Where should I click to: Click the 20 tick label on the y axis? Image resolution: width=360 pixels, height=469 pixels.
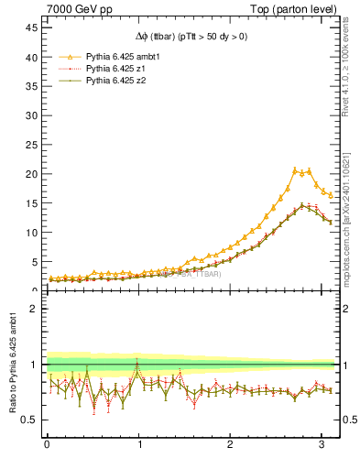pyautogui.click(x=32, y=174)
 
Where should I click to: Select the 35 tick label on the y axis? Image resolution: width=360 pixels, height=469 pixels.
pyautogui.click(x=32, y=86)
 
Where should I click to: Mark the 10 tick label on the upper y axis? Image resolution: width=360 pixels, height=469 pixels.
pyautogui.click(x=32, y=233)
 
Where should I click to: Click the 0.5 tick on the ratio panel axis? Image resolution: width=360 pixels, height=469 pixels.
pyautogui.click(x=30, y=420)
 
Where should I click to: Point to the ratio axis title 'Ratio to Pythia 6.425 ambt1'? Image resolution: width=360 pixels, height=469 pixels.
pyautogui.click(x=13, y=364)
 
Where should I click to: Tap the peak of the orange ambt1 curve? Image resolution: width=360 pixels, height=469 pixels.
pyautogui.click(x=295, y=169)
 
